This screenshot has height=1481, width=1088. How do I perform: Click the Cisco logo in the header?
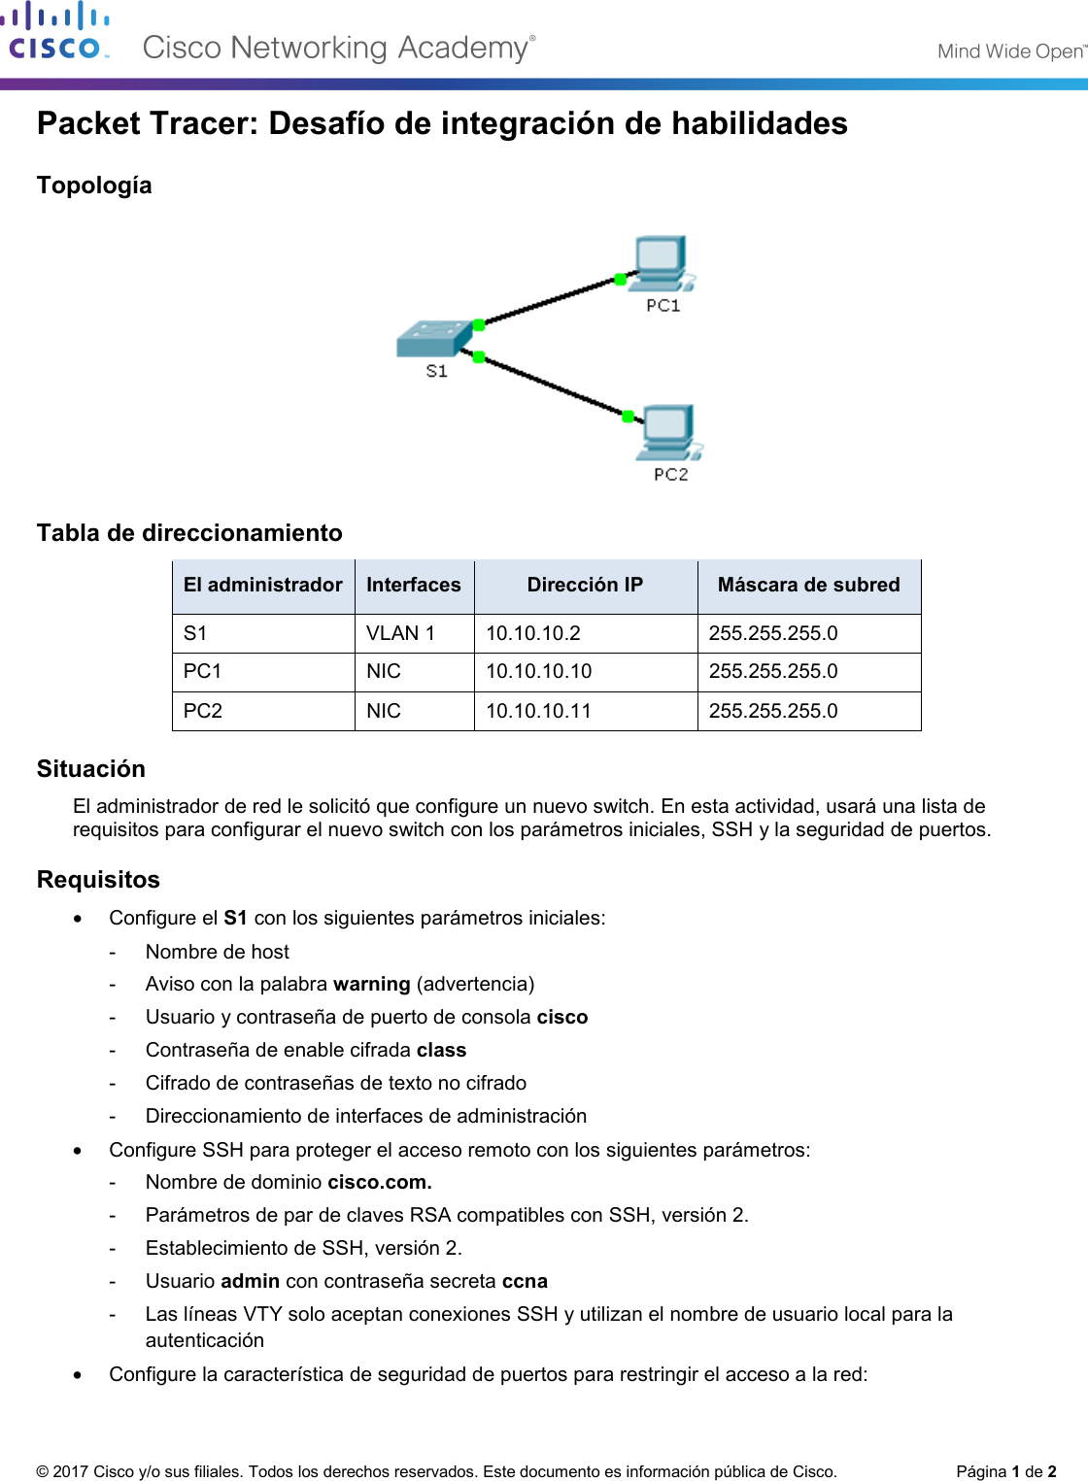[x=55, y=32]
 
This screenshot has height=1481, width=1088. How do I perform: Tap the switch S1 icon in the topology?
[x=434, y=339]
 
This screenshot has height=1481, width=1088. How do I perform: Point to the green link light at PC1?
[x=620, y=280]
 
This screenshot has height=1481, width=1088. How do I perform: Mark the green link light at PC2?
[x=628, y=417]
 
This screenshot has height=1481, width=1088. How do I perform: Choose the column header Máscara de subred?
[x=808, y=585]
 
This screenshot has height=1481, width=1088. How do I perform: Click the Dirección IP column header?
[x=585, y=585]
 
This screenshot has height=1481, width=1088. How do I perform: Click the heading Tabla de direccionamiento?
[x=189, y=532]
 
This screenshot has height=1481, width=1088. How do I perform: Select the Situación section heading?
[x=91, y=768]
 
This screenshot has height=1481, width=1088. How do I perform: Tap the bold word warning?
[x=371, y=984]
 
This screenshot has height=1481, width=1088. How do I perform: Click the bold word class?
[x=441, y=1050]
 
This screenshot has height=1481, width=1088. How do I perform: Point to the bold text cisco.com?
[x=380, y=1182]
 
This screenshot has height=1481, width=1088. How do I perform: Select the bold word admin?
[x=250, y=1281]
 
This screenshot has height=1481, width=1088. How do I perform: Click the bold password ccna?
[x=525, y=1281]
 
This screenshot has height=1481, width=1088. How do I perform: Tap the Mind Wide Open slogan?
[x=1010, y=51]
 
